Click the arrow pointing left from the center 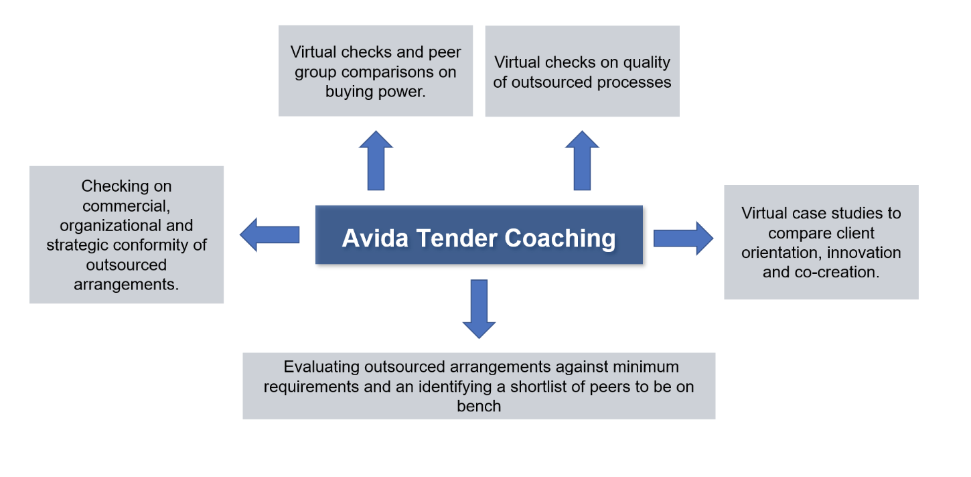269,234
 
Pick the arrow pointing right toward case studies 683,238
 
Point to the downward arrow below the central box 479,309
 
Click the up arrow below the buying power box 376,161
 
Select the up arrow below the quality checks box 582,161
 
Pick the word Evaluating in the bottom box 321,367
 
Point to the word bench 479,406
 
